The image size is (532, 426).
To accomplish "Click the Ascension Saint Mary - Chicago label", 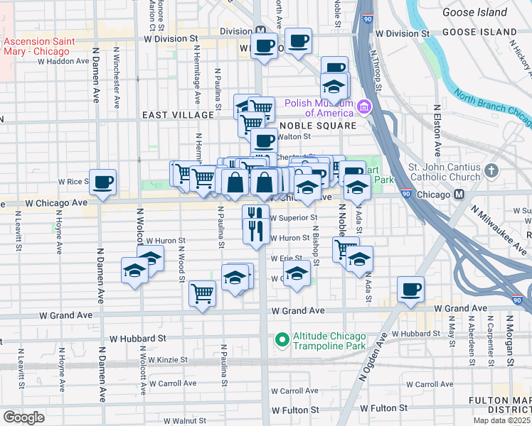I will point(37,46).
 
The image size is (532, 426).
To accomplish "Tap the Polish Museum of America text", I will point(319,107).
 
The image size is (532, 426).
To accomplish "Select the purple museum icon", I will point(365,107).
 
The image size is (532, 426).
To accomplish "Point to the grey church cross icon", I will point(491,170).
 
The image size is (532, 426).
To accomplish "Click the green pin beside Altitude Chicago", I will point(282,341).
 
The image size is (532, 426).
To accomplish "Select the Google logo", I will point(23,417).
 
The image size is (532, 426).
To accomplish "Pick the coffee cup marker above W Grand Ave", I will point(411,289).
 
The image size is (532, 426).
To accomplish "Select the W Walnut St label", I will point(190,420).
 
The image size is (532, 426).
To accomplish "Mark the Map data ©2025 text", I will point(501,420).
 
